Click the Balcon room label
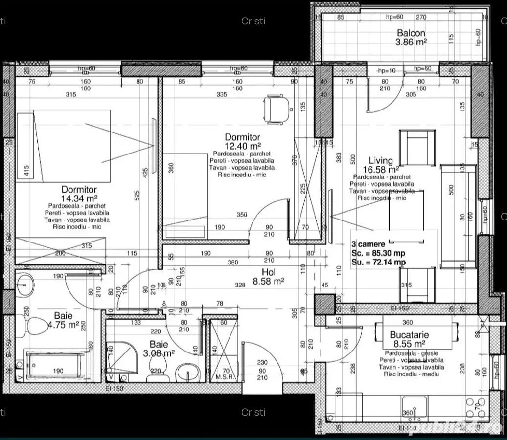[x=411, y=33]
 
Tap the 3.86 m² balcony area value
[x=411, y=42]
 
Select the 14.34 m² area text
[x=79, y=198]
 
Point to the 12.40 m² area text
[x=242, y=146]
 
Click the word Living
[x=381, y=160]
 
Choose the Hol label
[x=269, y=272]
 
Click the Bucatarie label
[x=409, y=335]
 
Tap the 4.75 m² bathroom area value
[x=63, y=325]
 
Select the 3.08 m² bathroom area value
[x=159, y=353]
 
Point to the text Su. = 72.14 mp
[x=378, y=263]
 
